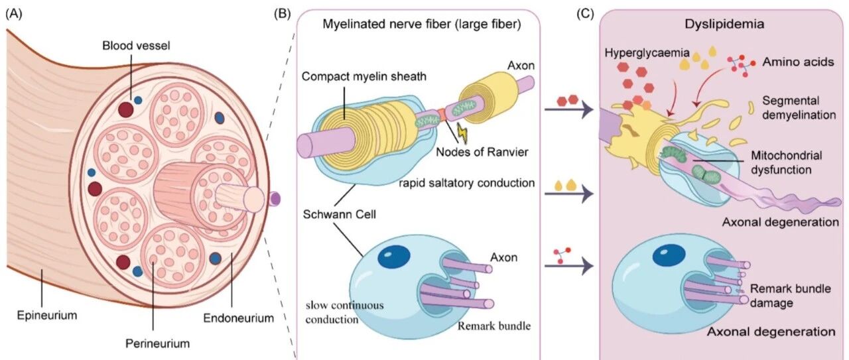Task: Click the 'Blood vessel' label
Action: [136, 46]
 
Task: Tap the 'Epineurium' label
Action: [47, 315]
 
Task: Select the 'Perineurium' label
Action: [157, 343]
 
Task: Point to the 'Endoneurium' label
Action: [238, 318]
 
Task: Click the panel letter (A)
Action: [14, 14]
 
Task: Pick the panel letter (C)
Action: [585, 14]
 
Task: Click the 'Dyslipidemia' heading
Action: [724, 25]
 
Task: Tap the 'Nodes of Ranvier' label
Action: [482, 152]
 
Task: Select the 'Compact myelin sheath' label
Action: [364, 76]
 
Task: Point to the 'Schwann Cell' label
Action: [339, 215]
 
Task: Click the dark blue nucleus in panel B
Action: [394, 257]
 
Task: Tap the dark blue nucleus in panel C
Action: [669, 255]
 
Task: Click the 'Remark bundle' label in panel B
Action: [494, 326]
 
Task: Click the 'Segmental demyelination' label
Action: [799, 107]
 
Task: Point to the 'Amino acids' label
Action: [798, 62]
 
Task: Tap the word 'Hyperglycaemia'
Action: [647, 53]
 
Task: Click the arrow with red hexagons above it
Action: [568, 110]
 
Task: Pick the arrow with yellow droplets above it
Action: [568, 194]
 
